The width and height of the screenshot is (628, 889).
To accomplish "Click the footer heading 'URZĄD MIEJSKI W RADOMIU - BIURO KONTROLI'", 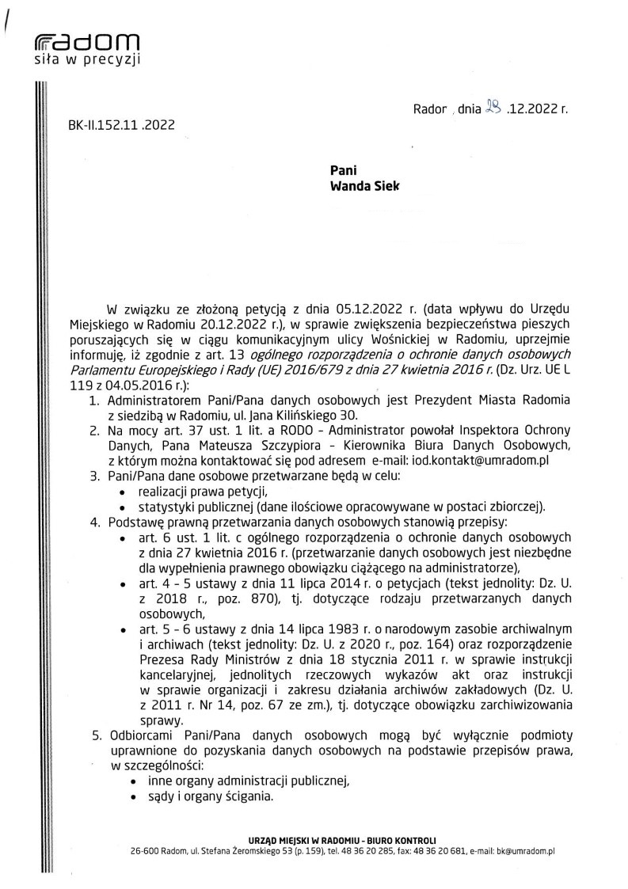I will pyautogui.click(x=341, y=838).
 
